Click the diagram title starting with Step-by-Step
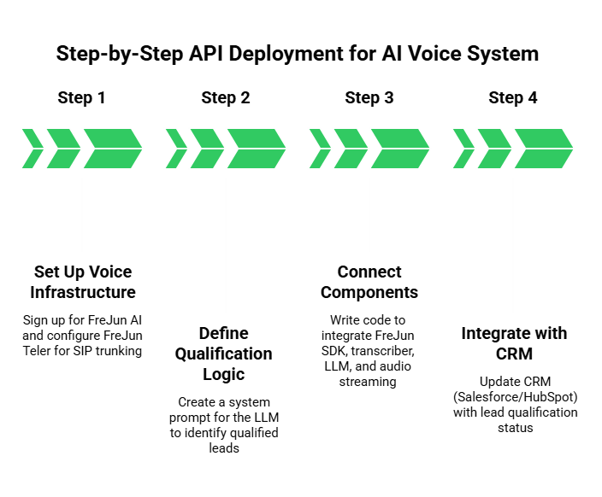click(298, 54)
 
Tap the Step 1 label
click(82, 97)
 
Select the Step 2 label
click(226, 97)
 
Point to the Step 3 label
click(369, 97)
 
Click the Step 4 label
click(513, 97)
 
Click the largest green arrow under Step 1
click(111, 149)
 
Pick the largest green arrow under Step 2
click(255, 149)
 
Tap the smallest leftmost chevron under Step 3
click(318, 149)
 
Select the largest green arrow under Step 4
click(542, 149)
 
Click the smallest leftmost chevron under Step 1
click(31, 149)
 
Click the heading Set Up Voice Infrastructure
click(82, 282)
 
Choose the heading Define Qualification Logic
click(226, 354)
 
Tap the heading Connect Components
click(369, 282)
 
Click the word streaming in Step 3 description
click(369, 382)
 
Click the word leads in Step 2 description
click(226, 447)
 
